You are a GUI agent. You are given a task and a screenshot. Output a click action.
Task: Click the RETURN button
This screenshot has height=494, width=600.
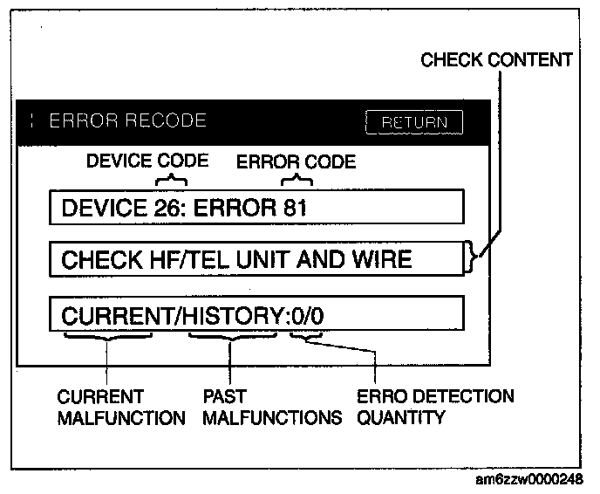pyautogui.click(x=414, y=122)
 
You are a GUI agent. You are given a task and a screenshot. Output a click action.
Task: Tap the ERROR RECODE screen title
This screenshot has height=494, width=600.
pyautogui.click(x=127, y=120)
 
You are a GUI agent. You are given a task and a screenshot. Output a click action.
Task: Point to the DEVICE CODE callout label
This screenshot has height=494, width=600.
pyautogui.click(x=147, y=161)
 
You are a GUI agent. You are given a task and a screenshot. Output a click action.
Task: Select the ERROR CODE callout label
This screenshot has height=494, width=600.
pyautogui.click(x=296, y=161)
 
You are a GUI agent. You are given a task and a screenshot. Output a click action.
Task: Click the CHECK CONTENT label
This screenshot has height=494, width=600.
pyautogui.click(x=496, y=60)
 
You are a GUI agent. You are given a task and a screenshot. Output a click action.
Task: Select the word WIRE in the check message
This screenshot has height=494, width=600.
pyautogui.click(x=381, y=259)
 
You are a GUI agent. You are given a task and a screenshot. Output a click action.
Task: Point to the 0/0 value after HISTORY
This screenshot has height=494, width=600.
pyautogui.click(x=307, y=312)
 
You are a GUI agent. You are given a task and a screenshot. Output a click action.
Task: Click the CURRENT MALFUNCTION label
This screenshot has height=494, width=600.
pyautogui.click(x=121, y=408)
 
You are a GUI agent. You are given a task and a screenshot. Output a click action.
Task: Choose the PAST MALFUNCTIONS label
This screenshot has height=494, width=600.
pyautogui.click(x=271, y=408)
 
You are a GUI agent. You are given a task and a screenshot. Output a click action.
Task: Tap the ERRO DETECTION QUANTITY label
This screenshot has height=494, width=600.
pyautogui.click(x=435, y=408)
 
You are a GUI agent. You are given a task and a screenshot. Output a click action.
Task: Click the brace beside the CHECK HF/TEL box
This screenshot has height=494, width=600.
pyautogui.click(x=474, y=258)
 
